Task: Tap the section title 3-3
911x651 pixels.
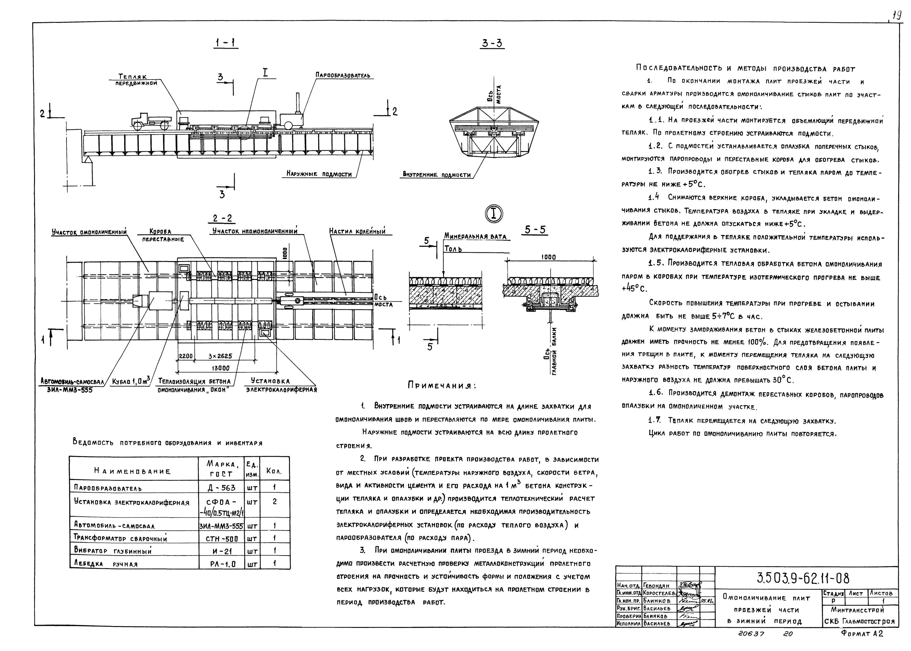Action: tap(492, 43)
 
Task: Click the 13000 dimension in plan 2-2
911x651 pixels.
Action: tap(220, 368)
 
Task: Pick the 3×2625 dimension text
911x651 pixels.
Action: tap(220, 356)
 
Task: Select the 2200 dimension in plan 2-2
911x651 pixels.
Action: tap(186, 356)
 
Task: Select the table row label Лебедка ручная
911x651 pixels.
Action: tap(106, 563)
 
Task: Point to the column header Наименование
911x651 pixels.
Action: tap(132, 471)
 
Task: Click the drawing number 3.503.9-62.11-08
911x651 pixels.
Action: tap(803, 578)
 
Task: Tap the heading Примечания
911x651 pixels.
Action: tap(441, 386)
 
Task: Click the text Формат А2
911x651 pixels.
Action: tap(862, 633)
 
